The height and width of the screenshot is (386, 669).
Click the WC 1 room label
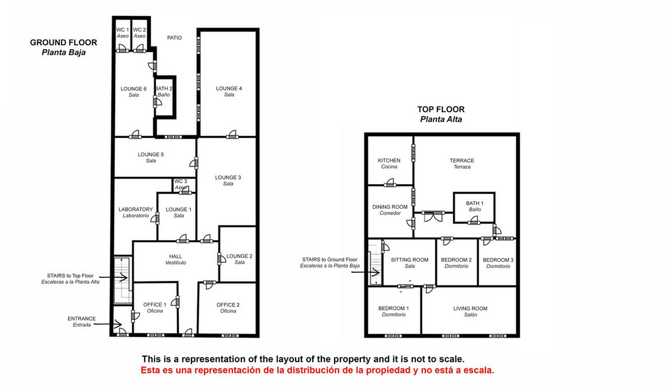click(x=122, y=33)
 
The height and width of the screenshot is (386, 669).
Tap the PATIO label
click(x=174, y=38)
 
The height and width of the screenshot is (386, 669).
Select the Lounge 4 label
click(x=229, y=91)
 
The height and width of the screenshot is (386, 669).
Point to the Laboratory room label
click(x=136, y=212)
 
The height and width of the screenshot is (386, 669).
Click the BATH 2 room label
click(x=164, y=91)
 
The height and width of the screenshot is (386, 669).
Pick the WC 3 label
click(x=181, y=184)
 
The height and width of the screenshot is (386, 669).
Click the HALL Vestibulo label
click(x=176, y=259)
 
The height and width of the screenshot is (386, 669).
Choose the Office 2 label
click(x=228, y=308)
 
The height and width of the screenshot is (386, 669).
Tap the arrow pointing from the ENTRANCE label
click(x=108, y=324)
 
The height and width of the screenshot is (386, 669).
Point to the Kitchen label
click(x=389, y=164)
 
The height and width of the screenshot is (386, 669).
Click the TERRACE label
click(x=461, y=164)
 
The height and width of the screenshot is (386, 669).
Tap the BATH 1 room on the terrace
click(x=474, y=207)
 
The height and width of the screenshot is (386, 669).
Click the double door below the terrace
click(x=433, y=216)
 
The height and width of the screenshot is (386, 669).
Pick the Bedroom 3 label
click(x=498, y=262)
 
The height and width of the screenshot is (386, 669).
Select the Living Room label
click(x=470, y=311)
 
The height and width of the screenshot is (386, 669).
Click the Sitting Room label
click(x=409, y=262)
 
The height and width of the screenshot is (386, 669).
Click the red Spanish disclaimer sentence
click(x=317, y=370)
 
